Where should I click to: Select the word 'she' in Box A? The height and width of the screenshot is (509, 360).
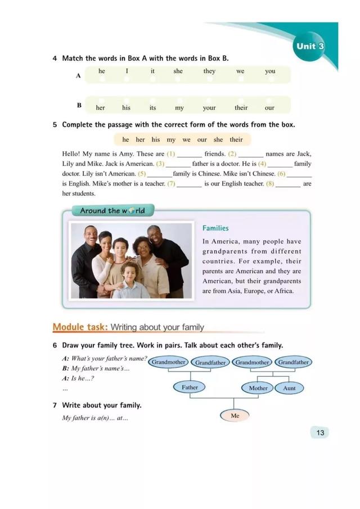point(178,71)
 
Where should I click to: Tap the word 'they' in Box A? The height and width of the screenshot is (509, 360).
point(209,71)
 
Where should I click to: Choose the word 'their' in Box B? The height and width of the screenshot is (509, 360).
point(241,107)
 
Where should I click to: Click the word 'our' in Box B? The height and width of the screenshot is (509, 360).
point(269,107)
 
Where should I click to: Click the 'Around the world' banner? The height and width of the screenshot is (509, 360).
point(112,211)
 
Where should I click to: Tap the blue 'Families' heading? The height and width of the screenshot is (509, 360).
point(215,228)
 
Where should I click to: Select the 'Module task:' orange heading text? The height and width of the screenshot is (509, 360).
point(80,327)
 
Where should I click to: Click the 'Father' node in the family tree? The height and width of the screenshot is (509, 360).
point(190,388)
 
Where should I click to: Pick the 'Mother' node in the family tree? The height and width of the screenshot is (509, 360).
point(258,388)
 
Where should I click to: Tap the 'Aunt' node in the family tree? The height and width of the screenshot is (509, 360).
point(290,388)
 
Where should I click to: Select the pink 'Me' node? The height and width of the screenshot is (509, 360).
point(235,416)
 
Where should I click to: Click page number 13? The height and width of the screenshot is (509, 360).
point(320,433)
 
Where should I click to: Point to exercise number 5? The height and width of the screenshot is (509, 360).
point(55,124)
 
